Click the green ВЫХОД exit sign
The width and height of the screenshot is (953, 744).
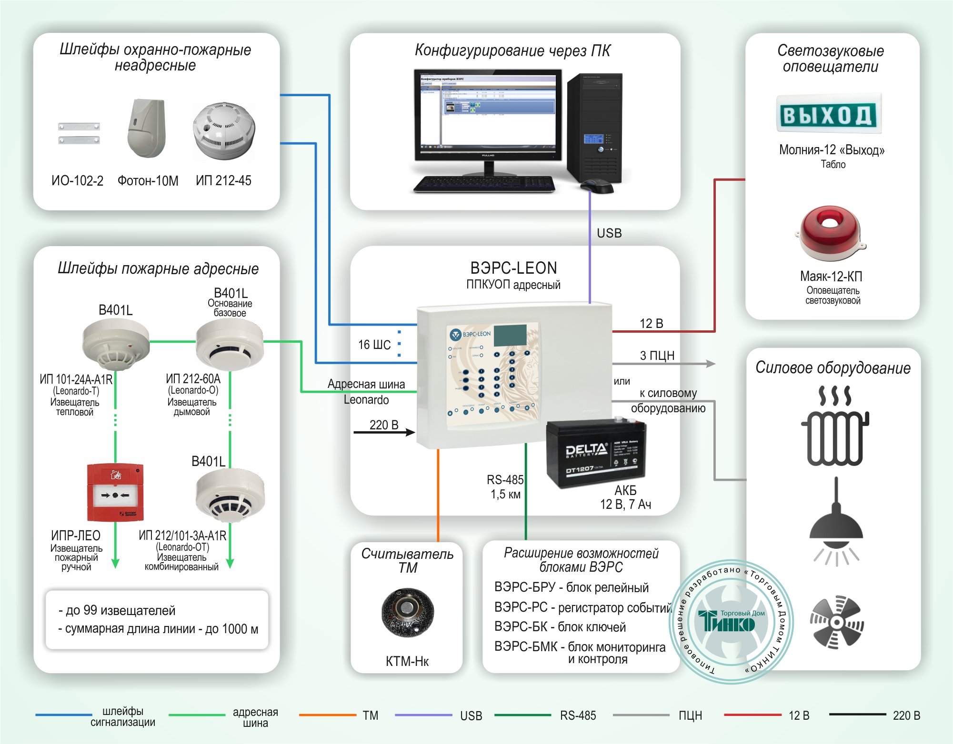click(x=829, y=114)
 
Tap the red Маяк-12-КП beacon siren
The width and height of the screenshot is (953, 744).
click(x=830, y=233)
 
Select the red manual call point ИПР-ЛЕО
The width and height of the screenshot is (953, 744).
click(x=115, y=493)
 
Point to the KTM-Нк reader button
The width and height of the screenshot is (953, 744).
click(x=407, y=612)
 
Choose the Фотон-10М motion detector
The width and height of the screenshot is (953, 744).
click(x=147, y=129)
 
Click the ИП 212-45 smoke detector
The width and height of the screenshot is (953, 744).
click(x=224, y=131)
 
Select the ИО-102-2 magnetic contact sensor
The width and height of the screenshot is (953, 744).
click(x=79, y=133)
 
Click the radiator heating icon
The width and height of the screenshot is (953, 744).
click(x=835, y=426)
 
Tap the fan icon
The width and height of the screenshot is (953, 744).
click(x=837, y=622)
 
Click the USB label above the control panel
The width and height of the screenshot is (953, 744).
click(x=609, y=233)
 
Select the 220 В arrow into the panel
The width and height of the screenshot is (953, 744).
click(x=384, y=432)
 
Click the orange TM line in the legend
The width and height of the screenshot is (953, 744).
click(x=327, y=715)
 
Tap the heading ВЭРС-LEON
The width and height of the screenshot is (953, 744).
click(x=513, y=268)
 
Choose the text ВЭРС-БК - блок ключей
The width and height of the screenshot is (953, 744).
click(x=560, y=627)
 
